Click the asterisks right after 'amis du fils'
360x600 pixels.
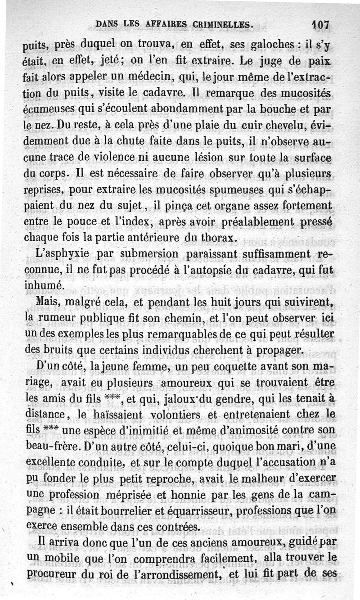[114, 398]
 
